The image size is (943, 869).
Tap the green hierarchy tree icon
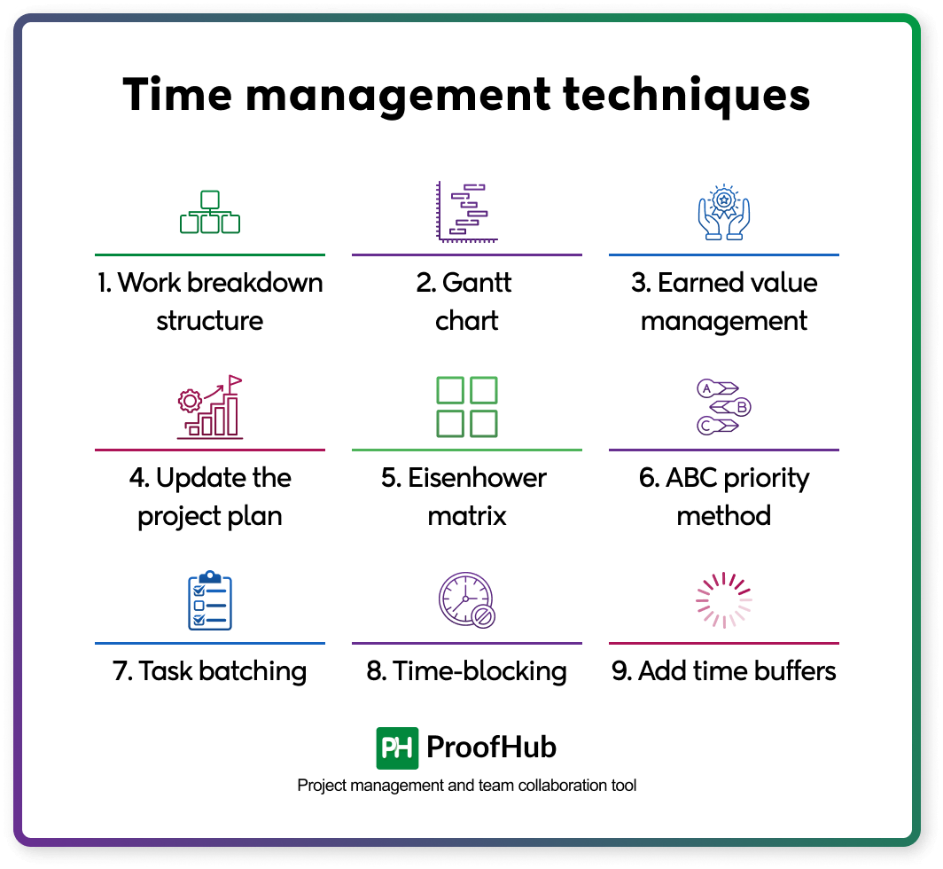[x=210, y=213]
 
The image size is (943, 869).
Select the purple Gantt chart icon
[x=466, y=211]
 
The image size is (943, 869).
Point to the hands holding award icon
[x=723, y=213]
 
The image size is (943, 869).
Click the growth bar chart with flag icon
[x=210, y=407]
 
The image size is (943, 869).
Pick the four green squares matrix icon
[x=467, y=407]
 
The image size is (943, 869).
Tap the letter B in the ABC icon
[x=742, y=407]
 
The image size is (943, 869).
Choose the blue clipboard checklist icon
[x=210, y=600]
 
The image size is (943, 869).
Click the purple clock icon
[x=466, y=600]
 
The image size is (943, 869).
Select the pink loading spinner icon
[x=723, y=600]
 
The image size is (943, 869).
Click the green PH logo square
[x=397, y=748]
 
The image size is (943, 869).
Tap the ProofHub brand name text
[x=492, y=748]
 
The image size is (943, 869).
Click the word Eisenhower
[x=477, y=478]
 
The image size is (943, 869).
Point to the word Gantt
[x=478, y=283]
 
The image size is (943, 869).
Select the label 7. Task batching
[x=210, y=670]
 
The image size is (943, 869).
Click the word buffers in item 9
[x=788, y=670]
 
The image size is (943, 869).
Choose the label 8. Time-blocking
[x=467, y=670]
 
